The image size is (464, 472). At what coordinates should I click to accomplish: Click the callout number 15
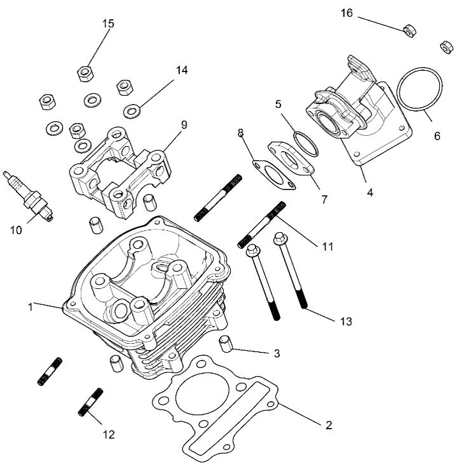pos(108,24)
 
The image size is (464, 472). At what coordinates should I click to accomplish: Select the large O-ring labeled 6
pos(419,91)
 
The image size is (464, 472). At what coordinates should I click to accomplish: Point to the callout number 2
pos(329,425)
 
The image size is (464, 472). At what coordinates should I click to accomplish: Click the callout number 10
pos(17,230)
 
